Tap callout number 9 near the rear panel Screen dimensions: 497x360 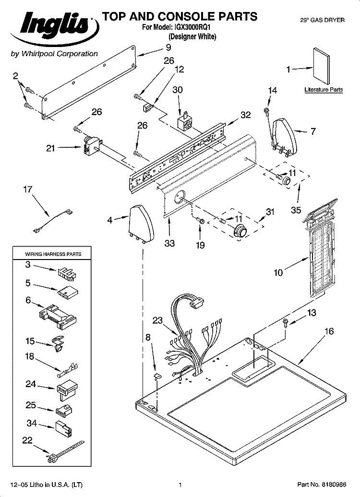[168, 47]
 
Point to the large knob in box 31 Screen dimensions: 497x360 [239, 232]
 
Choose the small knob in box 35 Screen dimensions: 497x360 [287, 180]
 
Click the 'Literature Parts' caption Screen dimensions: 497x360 [323, 90]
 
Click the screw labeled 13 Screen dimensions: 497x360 [285, 322]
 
